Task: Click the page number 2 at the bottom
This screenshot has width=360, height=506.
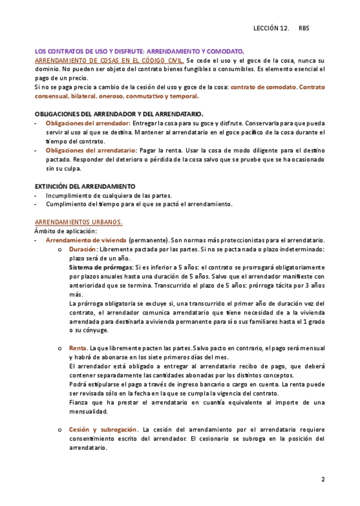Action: point(323,479)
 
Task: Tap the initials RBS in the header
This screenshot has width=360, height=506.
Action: point(304,28)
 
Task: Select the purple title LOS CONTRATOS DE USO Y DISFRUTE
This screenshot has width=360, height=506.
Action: point(140,52)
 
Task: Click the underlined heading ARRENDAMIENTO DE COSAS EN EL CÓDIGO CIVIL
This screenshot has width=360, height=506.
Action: point(109,61)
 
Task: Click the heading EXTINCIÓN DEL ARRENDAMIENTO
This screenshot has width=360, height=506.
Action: point(85,186)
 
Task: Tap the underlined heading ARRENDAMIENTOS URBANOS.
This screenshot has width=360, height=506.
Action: point(79,222)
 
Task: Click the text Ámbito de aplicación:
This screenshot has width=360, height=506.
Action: point(66,231)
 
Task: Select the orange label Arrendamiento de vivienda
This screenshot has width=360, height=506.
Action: point(86,240)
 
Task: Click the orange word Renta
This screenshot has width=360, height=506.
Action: point(78,347)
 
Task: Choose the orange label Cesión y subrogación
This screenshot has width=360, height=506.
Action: point(103,429)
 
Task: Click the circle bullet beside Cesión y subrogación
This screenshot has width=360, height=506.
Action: point(59,429)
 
